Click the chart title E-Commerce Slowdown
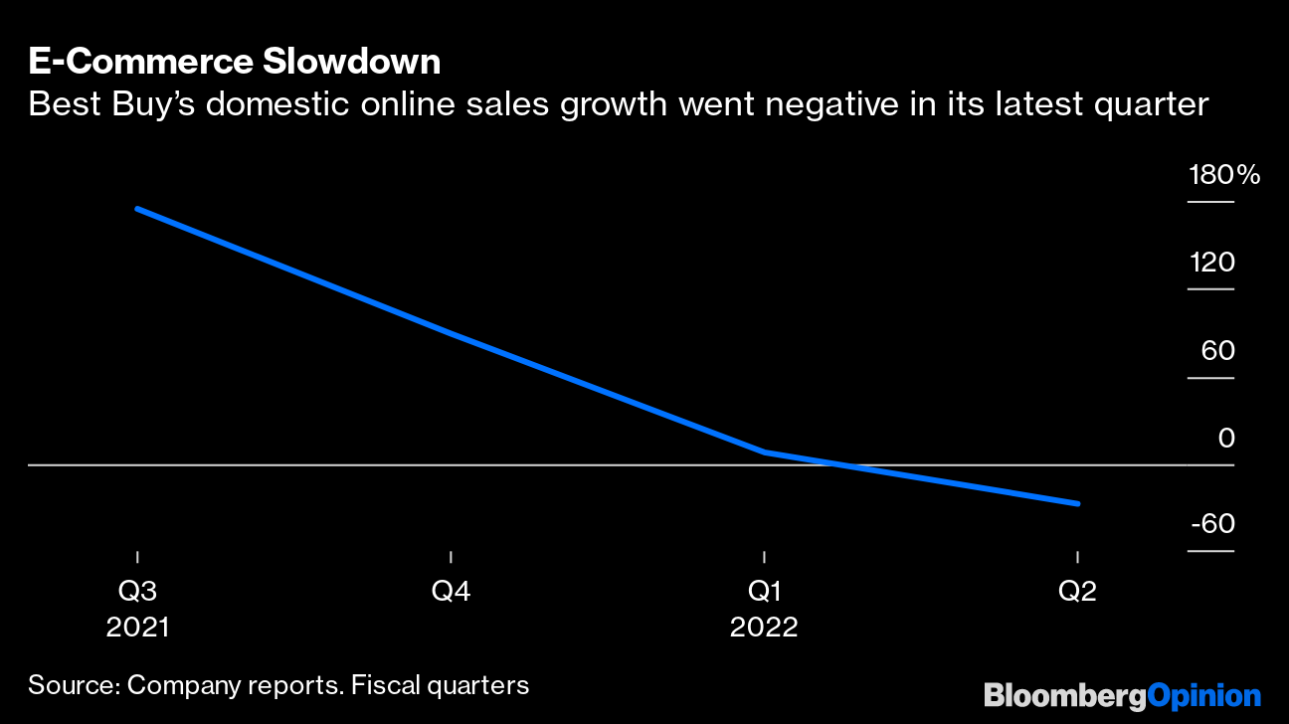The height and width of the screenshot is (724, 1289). [234, 62]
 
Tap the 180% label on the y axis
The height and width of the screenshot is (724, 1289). [1223, 176]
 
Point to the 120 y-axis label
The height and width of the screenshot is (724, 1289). [1211, 264]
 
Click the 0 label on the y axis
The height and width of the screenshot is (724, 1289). [1225, 438]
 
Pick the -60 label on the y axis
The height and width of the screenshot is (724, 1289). [1211, 524]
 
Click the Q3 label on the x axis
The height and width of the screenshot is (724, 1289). [137, 592]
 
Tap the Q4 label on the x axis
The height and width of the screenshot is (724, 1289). [451, 592]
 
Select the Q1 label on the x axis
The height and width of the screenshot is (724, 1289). [764, 592]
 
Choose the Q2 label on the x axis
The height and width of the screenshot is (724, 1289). [1077, 592]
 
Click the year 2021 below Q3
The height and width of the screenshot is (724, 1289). [137, 629]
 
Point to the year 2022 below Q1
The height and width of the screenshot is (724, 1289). [764, 629]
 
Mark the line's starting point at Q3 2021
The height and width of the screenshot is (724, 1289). [137, 209]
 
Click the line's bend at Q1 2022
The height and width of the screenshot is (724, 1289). [764, 452]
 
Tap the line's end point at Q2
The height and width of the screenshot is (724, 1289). [1077, 503]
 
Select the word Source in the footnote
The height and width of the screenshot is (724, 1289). [72, 685]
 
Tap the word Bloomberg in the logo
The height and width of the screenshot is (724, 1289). [1064, 694]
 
